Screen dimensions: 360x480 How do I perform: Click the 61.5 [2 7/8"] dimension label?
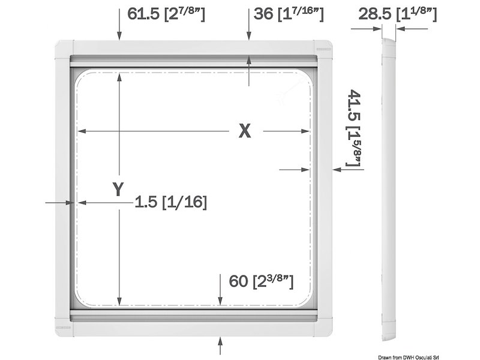tap(166, 14)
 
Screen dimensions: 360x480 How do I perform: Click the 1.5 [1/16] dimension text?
tap(170, 203)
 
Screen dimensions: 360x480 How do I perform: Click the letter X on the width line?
tap(244, 131)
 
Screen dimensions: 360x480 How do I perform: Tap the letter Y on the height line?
tap(119, 190)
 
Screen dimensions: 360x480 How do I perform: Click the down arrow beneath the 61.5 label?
tap(119, 32)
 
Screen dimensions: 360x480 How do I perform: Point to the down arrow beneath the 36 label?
tap(248, 32)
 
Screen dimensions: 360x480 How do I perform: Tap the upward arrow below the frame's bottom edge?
tap(221, 345)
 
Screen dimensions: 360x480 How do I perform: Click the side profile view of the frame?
tap(389, 186)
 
